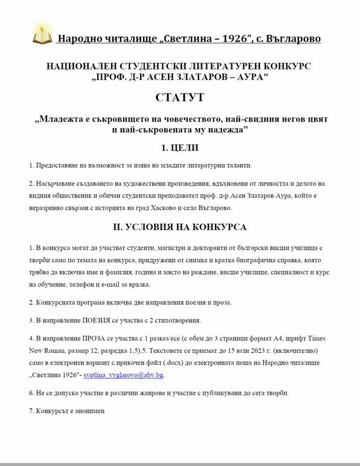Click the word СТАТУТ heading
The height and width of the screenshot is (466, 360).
(180, 98)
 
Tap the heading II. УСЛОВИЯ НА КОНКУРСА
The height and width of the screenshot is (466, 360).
(180, 227)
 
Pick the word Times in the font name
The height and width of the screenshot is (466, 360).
(316, 338)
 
